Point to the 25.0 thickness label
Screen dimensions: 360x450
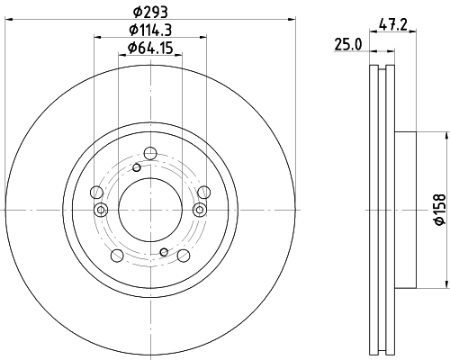pos(348,43)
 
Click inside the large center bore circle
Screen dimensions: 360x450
pos(148,209)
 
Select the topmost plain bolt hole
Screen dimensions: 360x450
pos(148,154)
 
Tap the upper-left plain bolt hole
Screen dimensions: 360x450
pos(96,191)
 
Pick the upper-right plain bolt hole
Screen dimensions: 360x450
pos(203,191)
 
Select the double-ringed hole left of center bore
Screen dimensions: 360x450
pos(100,210)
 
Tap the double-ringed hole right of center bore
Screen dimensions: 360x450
pos(200,210)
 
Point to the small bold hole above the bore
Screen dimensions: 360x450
pos(136,167)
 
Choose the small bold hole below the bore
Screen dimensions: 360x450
pos(163,252)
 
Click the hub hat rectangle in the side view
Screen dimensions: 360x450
pos(406,209)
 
